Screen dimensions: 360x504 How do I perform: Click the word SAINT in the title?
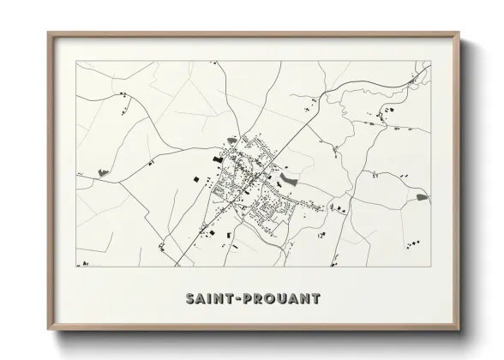click(x=210, y=299)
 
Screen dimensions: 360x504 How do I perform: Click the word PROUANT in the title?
click(x=282, y=299)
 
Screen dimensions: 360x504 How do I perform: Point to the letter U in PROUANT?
click(x=282, y=299)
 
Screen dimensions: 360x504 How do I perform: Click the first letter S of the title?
click(x=190, y=299)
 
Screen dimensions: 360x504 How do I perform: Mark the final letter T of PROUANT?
click(x=316, y=299)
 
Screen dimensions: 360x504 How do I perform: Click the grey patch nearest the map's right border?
click(x=422, y=197)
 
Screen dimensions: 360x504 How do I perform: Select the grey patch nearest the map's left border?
click(x=104, y=171)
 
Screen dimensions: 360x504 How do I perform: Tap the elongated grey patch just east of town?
click(x=288, y=180)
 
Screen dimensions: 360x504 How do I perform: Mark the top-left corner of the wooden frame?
click(x=48, y=33)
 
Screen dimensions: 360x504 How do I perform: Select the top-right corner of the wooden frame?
click(x=459, y=33)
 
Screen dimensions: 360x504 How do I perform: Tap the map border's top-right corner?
click(x=431, y=62)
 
